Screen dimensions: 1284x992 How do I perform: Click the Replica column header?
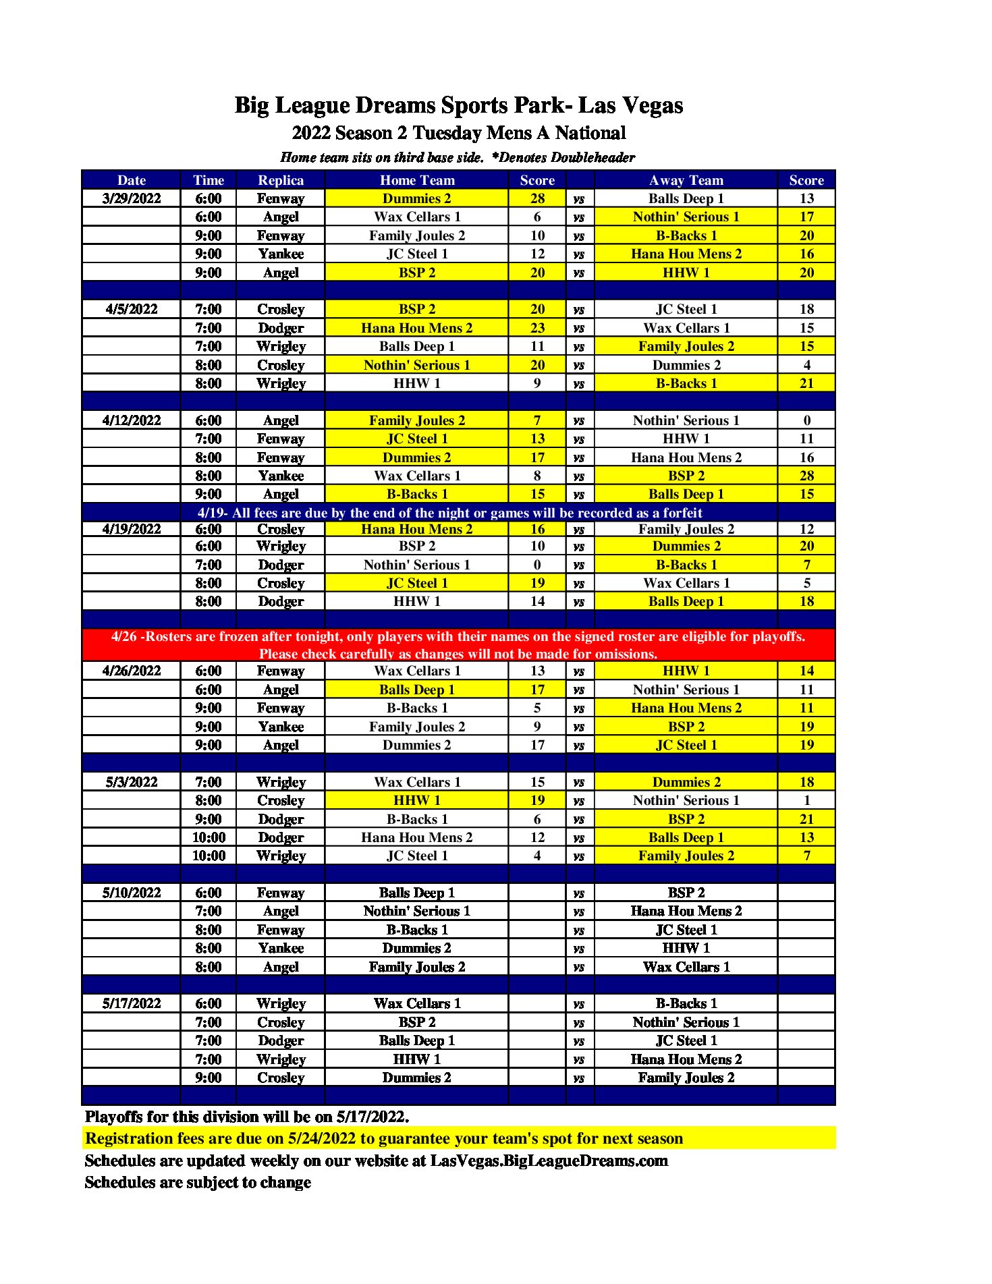pos(281,180)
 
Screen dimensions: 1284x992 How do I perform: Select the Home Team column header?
pos(417,180)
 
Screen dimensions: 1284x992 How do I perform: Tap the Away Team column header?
pos(686,180)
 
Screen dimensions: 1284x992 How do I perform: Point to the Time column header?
pos(209,180)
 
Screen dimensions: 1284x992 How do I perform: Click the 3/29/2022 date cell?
pos(132,198)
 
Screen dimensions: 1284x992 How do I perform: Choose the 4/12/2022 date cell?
pos(132,420)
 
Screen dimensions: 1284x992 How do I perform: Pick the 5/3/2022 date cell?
pos(132,782)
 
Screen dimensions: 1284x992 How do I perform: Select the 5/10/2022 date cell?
pos(132,893)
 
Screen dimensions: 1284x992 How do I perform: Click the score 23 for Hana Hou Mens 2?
pos(537,328)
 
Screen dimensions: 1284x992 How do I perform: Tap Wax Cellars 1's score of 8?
pos(537,476)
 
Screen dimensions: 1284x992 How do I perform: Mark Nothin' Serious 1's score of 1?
pos(806,800)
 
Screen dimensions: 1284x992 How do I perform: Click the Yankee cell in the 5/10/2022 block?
pos(281,948)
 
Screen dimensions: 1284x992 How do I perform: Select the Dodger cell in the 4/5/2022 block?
pos(281,328)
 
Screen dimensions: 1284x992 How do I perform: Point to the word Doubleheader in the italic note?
pos(593,158)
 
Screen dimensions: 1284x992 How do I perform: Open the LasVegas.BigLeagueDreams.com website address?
pos(549,1161)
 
